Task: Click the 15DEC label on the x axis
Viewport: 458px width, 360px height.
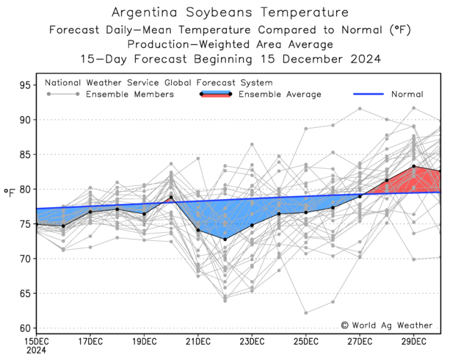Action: coord(36,342)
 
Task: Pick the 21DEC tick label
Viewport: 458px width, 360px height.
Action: coord(198,342)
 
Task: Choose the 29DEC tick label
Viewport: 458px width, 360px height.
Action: coord(413,342)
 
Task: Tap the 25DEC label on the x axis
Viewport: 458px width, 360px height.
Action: coord(305,342)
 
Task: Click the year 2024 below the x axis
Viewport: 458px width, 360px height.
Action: coord(36,351)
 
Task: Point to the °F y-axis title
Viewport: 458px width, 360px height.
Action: coord(10,192)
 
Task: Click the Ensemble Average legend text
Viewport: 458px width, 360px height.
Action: coord(280,94)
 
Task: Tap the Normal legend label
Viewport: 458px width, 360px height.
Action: coord(407,94)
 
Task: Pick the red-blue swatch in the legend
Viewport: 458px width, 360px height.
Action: coord(215,94)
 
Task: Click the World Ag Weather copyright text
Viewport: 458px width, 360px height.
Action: coord(386,325)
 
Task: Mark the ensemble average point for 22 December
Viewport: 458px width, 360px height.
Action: coord(225,240)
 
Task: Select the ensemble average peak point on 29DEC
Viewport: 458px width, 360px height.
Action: coord(413,166)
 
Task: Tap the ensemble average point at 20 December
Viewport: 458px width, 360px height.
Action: coord(171,197)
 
